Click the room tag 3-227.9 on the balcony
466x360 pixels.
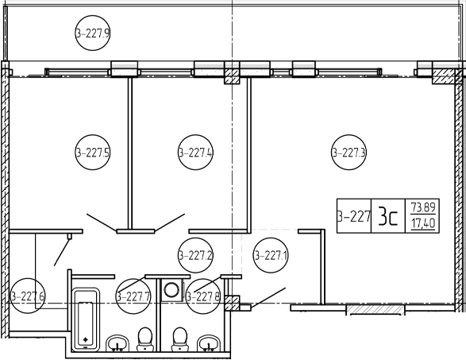92,33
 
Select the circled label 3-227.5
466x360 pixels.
92,153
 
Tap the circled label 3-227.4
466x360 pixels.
195,153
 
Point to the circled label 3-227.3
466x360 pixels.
349,153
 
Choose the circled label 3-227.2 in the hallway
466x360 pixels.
195,255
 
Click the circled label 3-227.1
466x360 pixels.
271,255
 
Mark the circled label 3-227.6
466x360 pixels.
28,296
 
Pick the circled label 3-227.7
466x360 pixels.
133,296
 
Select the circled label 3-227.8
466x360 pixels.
203,296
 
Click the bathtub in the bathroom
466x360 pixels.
86,319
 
